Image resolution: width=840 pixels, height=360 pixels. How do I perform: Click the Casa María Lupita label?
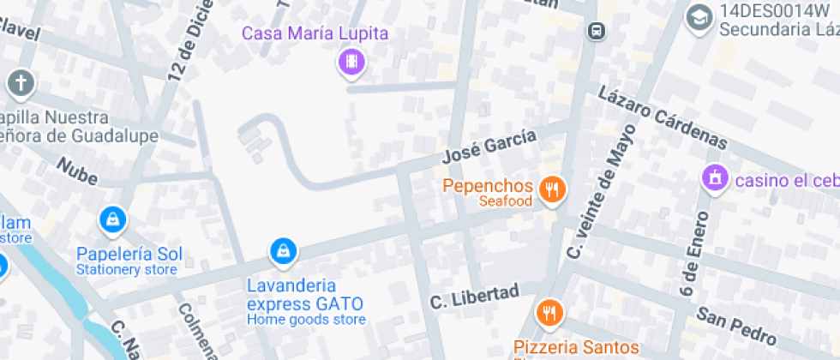(315, 34)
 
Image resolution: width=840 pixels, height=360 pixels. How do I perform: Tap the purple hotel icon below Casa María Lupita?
(351, 62)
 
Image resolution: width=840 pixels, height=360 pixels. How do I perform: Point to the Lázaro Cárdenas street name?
(663, 118)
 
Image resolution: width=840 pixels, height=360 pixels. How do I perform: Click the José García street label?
(489, 146)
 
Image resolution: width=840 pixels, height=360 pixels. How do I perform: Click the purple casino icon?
(713, 178)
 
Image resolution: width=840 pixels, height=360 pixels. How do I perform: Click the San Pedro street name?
(736, 324)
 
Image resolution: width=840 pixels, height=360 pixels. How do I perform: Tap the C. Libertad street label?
(474, 297)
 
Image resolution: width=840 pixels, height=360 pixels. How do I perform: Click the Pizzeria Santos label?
(576, 347)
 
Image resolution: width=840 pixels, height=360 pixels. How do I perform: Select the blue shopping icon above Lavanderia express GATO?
(283, 252)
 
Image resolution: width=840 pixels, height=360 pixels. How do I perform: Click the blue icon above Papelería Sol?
(112, 221)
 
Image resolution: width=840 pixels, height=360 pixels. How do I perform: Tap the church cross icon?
(21, 84)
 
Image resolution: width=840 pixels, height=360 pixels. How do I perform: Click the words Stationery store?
(126, 270)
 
